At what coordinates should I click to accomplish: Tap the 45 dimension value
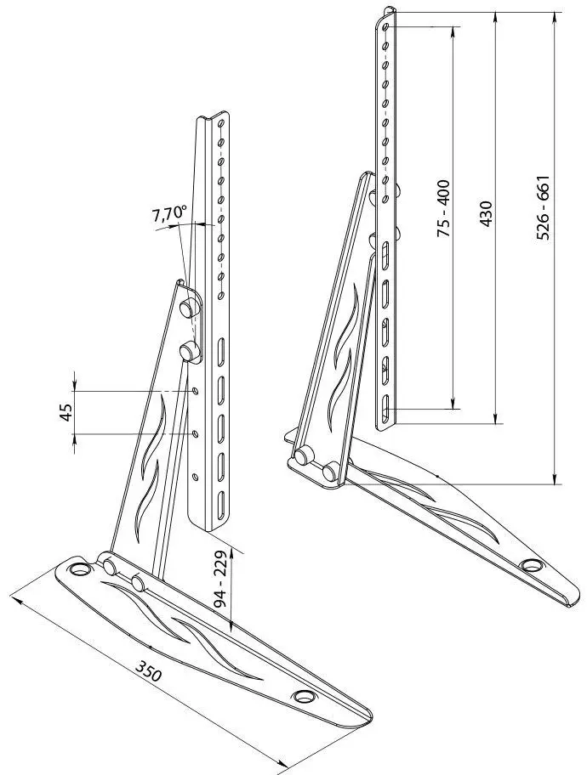[66, 411]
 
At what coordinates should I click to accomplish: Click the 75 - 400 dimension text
[444, 208]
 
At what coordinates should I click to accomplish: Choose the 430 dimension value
[487, 213]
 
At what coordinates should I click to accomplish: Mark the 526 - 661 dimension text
[543, 207]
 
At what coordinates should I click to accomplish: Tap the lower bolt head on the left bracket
[187, 352]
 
